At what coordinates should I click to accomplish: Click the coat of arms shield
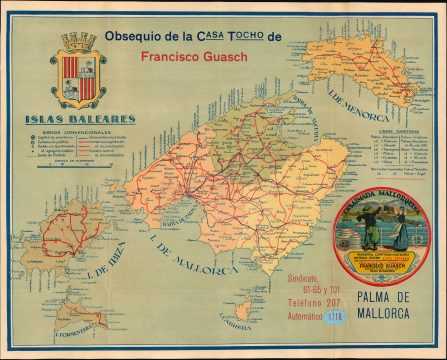[x=78, y=78]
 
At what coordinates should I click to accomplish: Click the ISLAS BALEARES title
[x=81, y=119]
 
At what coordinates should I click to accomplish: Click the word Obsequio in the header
[x=134, y=35]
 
